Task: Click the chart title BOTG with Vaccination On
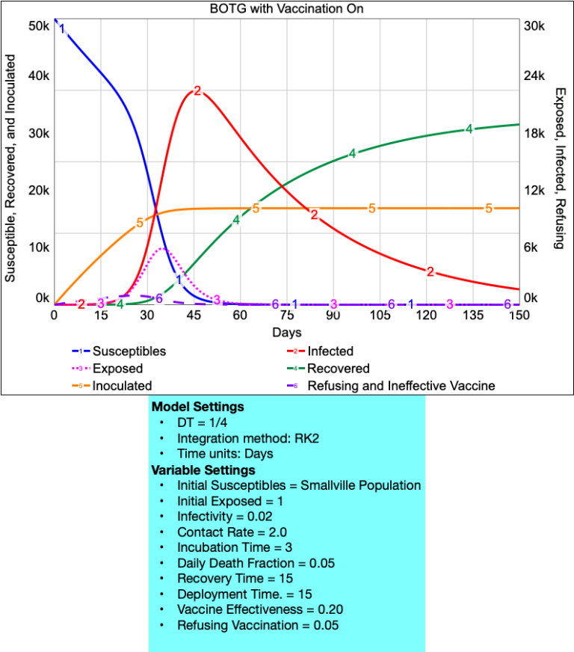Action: tap(286, 9)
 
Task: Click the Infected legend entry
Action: tap(330, 351)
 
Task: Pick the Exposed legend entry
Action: tap(117, 369)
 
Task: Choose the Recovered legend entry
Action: tap(338, 369)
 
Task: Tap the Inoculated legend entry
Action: tap(122, 387)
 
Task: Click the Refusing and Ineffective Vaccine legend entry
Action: tap(401, 387)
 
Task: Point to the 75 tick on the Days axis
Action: tap(286, 316)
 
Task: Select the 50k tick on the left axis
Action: tap(38, 25)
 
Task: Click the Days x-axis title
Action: tap(286, 332)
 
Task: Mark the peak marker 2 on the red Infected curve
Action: tap(197, 90)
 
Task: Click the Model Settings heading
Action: tap(197, 407)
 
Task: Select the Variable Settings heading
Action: tap(203, 470)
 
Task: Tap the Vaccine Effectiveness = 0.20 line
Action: tap(260, 610)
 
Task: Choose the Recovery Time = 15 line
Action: tap(235, 579)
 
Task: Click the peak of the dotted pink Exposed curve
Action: tap(164, 248)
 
